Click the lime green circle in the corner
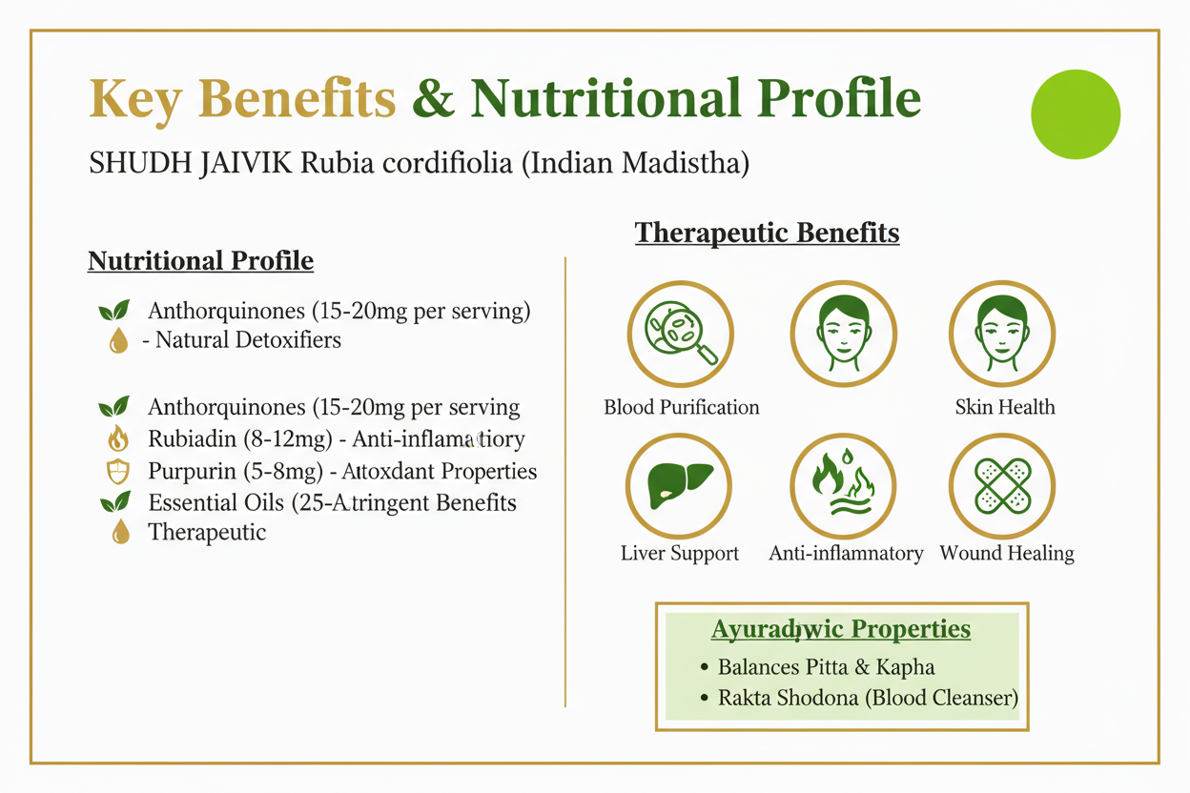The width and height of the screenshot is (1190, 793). coord(1076,114)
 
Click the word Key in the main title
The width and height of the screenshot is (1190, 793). coord(133,99)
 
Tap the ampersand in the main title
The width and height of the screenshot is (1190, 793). coord(434,99)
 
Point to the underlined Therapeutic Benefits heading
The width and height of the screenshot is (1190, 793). coord(767,233)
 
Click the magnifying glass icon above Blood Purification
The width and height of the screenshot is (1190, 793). coord(680,334)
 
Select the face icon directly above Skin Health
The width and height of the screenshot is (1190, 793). coord(1002,334)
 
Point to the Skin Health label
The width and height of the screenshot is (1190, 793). coord(1005,408)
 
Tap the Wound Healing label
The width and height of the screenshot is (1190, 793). coord(1007,554)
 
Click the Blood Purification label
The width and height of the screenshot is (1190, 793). coord(682,408)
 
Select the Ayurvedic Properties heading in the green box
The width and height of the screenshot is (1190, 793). coord(841,630)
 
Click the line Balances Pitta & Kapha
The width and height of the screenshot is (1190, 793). coord(826,667)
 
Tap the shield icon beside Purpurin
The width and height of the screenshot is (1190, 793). coord(117,472)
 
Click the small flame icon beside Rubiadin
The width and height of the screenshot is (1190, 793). coord(118,439)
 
